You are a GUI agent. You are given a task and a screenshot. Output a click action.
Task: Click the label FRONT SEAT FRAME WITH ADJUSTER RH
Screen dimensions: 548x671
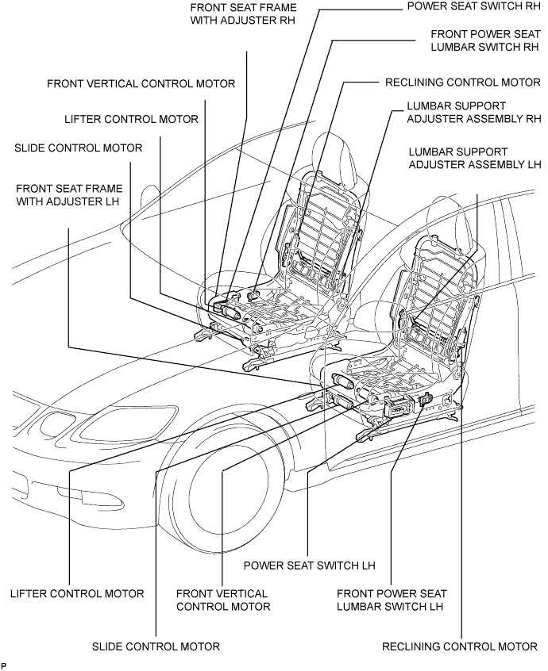click(x=243, y=13)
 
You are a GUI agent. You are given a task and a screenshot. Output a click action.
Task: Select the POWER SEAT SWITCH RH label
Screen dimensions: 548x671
click(x=473, y=6)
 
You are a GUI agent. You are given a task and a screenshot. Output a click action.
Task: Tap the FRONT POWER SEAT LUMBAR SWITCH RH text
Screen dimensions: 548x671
click(x=485, y=40)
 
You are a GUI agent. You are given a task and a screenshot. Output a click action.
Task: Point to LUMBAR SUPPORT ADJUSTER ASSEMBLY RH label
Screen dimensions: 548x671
click(x=474, y=112)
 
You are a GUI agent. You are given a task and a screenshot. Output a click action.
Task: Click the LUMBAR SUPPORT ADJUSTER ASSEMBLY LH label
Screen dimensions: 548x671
click(x=475, y=159)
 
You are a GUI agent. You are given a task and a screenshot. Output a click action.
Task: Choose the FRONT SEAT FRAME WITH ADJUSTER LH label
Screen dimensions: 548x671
click(x=69, y=194)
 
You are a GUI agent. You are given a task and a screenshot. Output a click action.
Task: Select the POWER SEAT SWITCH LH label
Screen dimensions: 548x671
click(x=310, y=566)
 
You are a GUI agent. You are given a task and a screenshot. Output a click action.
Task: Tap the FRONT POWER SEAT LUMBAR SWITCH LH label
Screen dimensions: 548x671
click(x=392, y=600)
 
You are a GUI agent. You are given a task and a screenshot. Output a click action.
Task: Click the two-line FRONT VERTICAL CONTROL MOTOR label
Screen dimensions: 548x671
click(x=223, y=600)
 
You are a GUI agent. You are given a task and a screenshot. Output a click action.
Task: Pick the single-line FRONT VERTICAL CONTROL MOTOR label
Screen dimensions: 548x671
click(x=141, y=83)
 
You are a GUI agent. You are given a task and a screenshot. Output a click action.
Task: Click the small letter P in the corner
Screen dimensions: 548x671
click(x=4, y=666)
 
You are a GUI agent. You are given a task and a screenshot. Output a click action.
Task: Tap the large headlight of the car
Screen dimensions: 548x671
click(x=128, y=421)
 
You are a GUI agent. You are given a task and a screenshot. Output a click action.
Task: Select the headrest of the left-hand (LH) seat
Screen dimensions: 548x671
click(x=451, y=223)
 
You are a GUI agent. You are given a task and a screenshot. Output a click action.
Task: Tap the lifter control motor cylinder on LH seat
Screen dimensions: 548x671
click(x=342, y=381)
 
